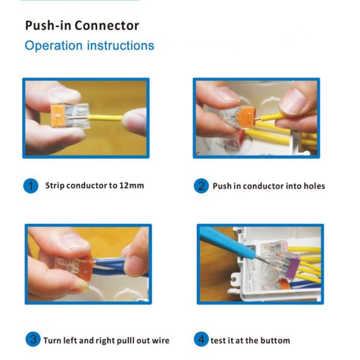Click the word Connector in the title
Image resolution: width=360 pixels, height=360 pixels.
[x=107, y=25]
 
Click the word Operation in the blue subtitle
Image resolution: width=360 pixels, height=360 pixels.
[x=53, y=46]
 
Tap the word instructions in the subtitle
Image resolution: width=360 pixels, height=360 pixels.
[x=121, y=46]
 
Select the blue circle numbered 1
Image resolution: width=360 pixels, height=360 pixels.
[x=31, y=186]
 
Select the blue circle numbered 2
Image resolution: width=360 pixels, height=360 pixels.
[x=201, y=186]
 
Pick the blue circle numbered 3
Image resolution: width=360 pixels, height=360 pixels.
[x=33, y=339]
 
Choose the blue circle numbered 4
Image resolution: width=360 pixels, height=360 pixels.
[x=201, y=339]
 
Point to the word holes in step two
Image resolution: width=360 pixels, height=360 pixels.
[x=314, y=186]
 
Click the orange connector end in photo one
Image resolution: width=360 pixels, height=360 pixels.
[x=57, y=115]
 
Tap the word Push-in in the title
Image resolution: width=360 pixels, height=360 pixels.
[x=49, y=25]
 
